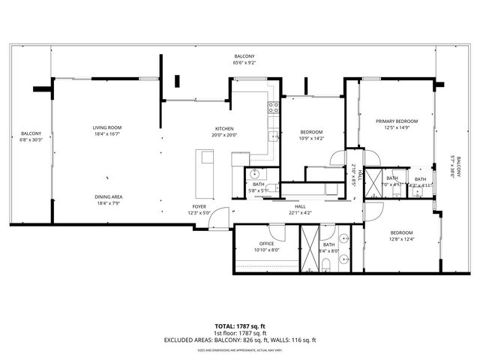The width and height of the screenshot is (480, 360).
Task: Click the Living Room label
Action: (x=107, y=127)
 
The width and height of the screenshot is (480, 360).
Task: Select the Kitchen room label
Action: (x=225, y=127)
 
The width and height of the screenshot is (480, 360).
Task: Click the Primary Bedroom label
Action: (x=397, y=121)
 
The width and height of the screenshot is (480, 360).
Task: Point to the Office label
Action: (x=267, y=244)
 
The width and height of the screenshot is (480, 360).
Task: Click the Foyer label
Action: (x=199, y=205)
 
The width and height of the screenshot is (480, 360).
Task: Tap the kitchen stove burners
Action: (x=274, y=109)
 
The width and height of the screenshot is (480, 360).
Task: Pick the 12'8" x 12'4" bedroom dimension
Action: (x=402, y=239)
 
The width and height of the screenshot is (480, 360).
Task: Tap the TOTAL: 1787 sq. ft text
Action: (x=240, y=326)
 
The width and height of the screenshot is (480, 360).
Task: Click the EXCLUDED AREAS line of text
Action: (x=240, y=340)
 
